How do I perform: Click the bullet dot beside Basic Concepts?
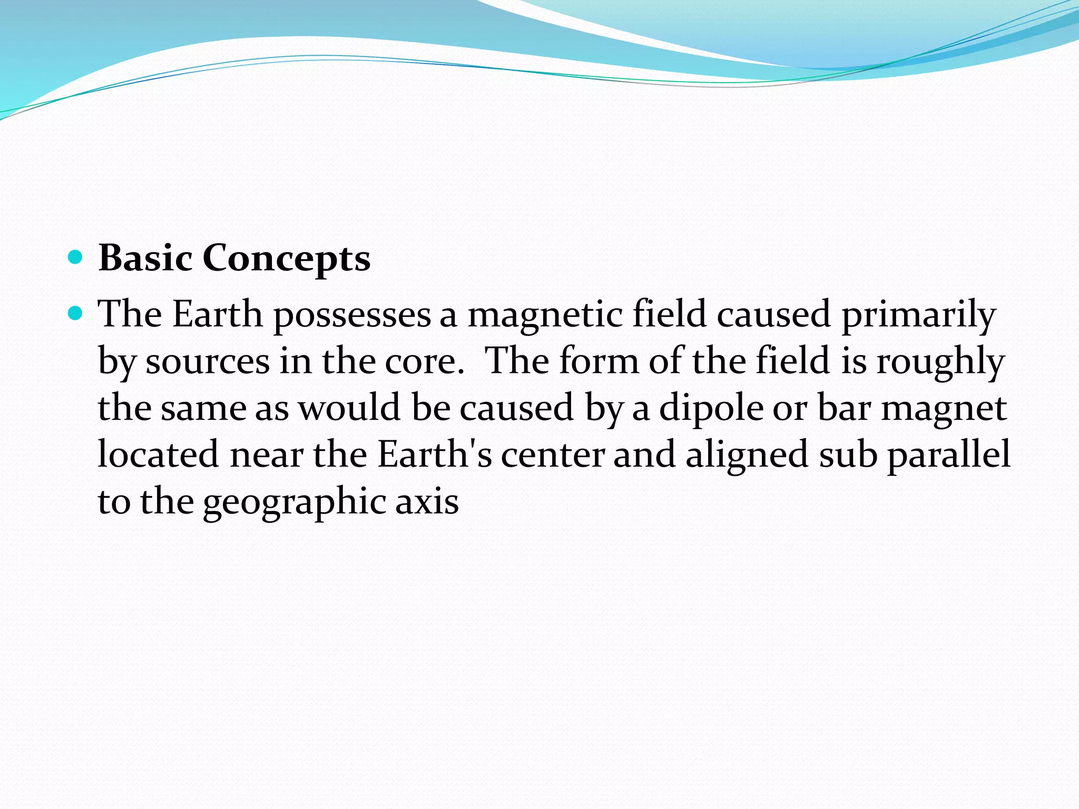[76, 257]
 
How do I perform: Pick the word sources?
[208, 362]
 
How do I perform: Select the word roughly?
[940, 362]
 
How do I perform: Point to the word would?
[349, 408]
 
